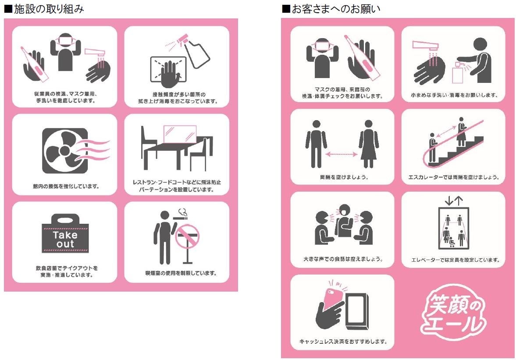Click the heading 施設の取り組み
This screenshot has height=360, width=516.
tap(44, 9)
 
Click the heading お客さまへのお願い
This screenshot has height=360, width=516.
tap(331, 9)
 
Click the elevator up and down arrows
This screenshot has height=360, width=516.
tap(453, 201)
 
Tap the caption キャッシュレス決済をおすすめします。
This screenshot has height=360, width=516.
tap(342, 341)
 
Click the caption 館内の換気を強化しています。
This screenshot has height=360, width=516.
tap(66, 186)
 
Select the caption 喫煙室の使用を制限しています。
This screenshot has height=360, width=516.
tap(181, 273)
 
